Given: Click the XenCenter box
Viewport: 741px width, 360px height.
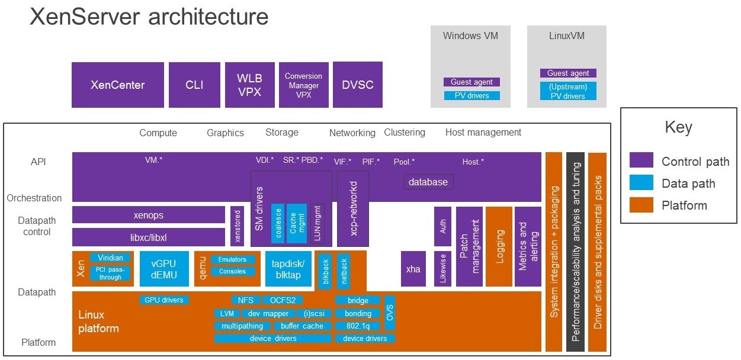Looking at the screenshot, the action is click(118, 85).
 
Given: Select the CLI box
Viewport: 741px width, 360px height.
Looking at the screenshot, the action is click(194, 85).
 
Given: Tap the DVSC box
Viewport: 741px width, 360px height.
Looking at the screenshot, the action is click(358, 85).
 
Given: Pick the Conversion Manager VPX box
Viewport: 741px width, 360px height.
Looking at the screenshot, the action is click(304, 85).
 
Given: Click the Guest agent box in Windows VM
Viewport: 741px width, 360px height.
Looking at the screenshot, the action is click(471, 82).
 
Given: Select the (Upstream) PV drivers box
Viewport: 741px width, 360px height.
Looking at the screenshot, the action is click(568, 91).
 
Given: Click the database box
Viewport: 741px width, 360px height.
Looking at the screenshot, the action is click(428, 182).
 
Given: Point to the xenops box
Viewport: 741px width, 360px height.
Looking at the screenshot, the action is click(149, 215).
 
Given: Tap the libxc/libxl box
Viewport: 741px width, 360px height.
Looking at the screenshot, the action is click(149, 237).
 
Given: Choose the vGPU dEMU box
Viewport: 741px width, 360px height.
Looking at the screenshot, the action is click(164, 269).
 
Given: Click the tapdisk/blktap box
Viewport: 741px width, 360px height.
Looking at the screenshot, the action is click(288, 269).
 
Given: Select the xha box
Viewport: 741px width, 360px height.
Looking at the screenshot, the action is click(413, 269).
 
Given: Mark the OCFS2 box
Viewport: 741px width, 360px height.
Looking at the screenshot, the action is click(283, 300).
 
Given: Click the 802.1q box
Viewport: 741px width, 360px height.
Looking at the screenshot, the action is click(358, 326).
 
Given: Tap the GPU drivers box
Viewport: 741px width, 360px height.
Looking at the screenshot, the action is click(164, 300).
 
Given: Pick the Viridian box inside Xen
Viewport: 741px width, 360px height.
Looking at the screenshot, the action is click(110, 258).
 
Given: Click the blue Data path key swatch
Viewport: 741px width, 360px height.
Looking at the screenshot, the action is click(641, 182).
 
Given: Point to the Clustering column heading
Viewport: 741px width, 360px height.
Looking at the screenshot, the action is click(405, 132).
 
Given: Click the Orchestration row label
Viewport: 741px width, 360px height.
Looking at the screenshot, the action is click(34, 198).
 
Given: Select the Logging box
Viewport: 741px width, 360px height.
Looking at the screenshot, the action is click(499, 246).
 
